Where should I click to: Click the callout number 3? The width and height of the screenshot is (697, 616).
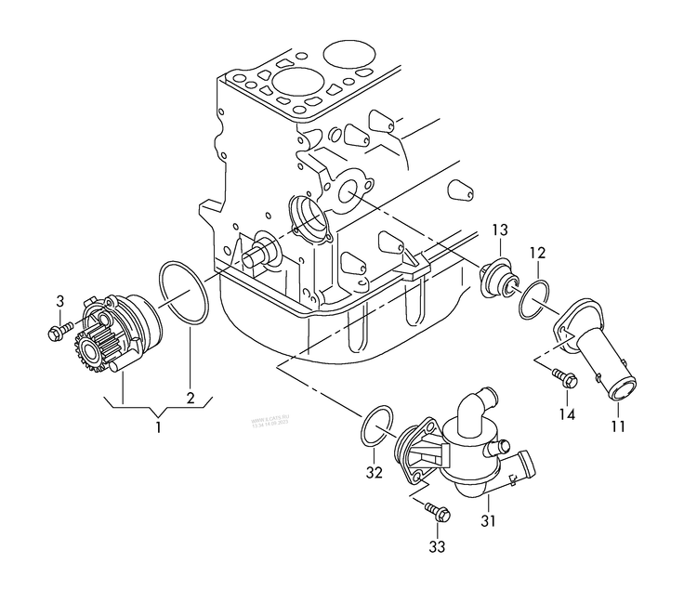[60, 301]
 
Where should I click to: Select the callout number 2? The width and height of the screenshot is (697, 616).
[190, 399]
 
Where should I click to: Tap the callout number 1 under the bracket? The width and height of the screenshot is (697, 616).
[158, 427]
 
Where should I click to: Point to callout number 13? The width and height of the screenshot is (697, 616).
[500, 229]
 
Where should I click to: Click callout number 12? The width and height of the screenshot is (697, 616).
[538, 253]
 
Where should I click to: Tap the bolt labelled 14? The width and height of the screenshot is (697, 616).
[563, 376]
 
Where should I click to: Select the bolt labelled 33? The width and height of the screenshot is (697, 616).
[435, 511]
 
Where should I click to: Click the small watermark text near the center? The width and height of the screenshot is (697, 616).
[270, 424]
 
